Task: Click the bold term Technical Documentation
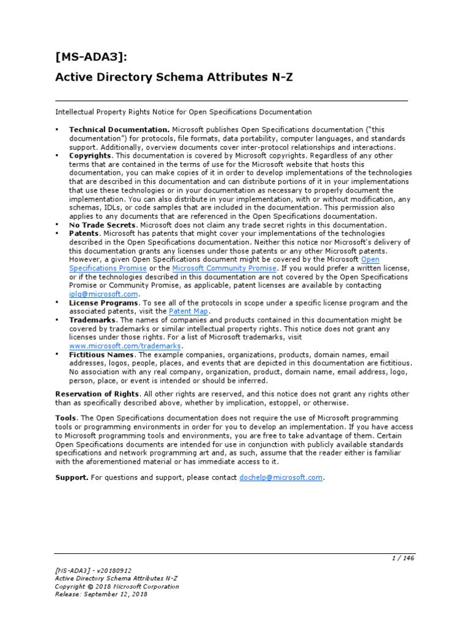(x=119, y=130)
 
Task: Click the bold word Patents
(x=84, y=234)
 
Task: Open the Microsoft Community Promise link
(x=225, y=268)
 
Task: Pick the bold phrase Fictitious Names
(x=102, y=354)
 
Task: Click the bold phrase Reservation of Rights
(x=97, y=393)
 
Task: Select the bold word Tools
(x=65, y=416)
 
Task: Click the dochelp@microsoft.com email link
(x=280, y=477)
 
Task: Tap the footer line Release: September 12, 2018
(x=101, y=595)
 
